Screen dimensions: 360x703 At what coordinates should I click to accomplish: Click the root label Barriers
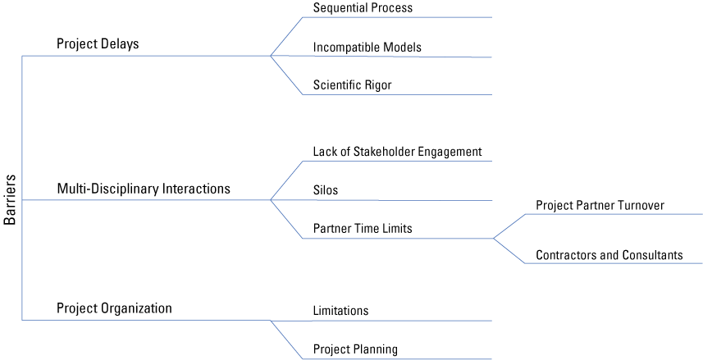coord(10,199)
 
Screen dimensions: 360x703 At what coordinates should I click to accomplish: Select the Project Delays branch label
coord(98,44)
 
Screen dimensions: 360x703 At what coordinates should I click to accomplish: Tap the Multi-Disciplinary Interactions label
coord(144,189)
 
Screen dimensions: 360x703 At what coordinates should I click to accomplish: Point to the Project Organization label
coord(114,308)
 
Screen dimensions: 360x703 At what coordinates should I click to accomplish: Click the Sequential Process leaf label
coord(363,8)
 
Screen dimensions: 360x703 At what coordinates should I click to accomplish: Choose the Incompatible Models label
coord(367,48)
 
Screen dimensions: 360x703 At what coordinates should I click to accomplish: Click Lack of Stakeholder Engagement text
coord(397,152)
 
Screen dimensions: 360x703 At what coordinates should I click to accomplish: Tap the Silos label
coord(326,190)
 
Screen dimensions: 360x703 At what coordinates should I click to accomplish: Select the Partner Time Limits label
coord(363,228)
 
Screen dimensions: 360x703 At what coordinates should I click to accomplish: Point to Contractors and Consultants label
coord(609,255)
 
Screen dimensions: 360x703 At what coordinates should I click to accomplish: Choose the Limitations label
coord(340,311)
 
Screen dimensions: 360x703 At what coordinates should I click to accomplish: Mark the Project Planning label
coord(355,349)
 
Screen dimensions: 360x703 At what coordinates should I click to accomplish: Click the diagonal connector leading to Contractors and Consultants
coord(508,251)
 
